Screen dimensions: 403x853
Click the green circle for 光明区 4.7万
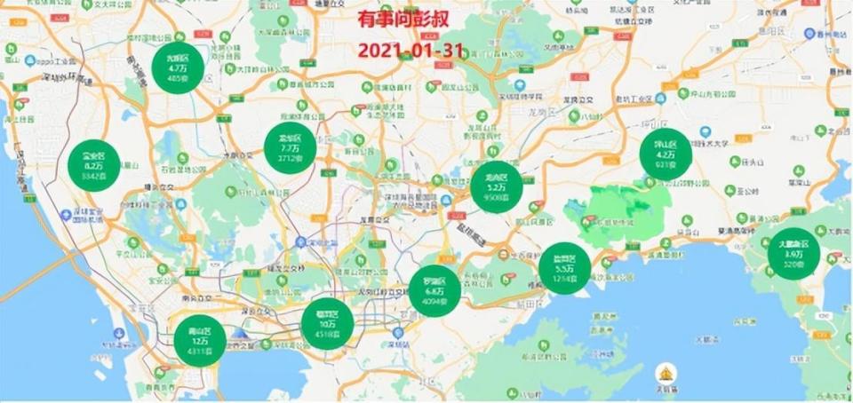(x=178, y=67)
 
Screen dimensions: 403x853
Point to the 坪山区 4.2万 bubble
(x=666, y=155)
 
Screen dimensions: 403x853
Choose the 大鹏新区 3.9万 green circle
(x=792, y=254)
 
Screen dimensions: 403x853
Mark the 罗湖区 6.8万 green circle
(x=434, y=290)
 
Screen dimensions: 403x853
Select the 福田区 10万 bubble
(x=327, y=323)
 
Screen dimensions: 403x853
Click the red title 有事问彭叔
(x=410, y=20)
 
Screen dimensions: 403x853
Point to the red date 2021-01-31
(x=410, y=50)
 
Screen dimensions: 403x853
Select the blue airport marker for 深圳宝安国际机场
(x=64, y=214)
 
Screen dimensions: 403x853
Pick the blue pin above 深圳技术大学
(x=704, y=132)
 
